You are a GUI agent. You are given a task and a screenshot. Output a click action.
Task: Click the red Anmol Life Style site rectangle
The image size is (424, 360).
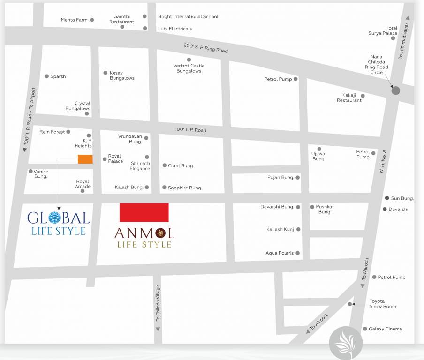(144, 212)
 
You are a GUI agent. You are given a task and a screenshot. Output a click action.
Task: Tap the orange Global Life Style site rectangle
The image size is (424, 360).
(85, 159)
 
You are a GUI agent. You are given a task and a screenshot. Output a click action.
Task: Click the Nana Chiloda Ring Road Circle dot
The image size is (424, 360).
(396, 91)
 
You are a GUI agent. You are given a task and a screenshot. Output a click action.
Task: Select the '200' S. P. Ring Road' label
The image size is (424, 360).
(205, 48)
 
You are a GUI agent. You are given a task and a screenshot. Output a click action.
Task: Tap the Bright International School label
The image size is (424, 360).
(188, 16)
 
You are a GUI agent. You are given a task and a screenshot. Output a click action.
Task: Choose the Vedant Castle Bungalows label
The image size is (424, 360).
(189, 68)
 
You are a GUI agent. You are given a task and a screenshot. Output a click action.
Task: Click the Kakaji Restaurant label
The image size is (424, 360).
(349, 97)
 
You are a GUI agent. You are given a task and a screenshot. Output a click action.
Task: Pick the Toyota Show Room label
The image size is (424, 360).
(383, 304)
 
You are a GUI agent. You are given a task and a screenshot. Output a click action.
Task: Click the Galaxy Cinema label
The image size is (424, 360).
(385, 329)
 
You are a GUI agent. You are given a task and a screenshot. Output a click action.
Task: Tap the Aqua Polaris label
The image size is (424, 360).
(280, 253)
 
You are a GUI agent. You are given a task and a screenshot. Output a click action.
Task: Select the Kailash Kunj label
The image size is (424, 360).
(280, 229)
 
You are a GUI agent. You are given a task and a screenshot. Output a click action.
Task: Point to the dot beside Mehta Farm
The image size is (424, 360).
(92, 20)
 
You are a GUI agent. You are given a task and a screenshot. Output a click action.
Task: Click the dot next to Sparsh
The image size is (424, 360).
(46, 76)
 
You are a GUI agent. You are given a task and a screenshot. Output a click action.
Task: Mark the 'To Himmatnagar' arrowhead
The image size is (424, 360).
(408, 18)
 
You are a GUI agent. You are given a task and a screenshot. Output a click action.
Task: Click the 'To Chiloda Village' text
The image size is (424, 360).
(158, 303)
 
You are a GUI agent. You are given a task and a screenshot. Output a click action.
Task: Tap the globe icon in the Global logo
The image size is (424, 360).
(55, 217)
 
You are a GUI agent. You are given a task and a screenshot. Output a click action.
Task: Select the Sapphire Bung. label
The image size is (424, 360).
(185, 187)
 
